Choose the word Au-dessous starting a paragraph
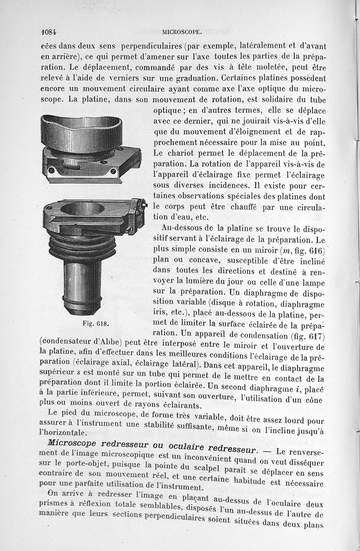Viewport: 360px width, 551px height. [x=183, y=228]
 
